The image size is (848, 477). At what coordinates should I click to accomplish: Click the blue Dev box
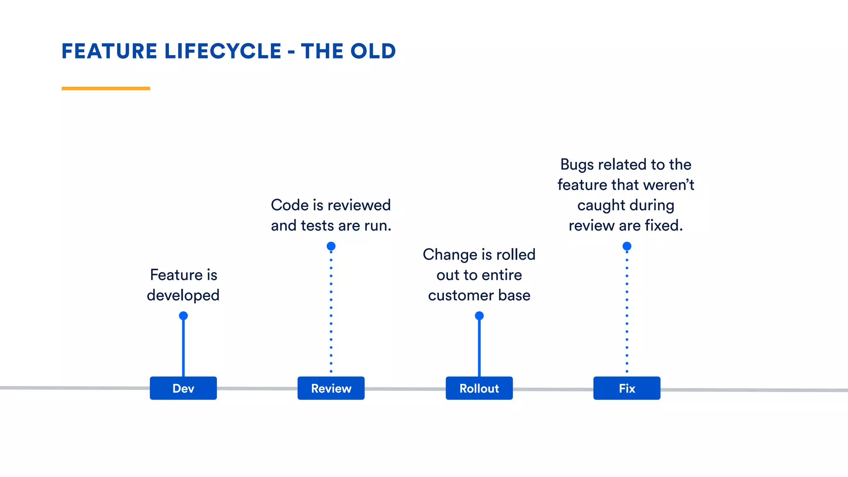tap(183, 388)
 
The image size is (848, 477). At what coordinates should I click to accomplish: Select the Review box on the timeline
tap(331, 388)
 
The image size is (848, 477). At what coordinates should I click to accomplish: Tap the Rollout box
tap(479, 388)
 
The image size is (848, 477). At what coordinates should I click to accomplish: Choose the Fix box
tap(626, 388)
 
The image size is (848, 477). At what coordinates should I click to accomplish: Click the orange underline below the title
tap(106, 88)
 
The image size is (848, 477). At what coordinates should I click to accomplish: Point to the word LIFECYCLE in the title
tap(223, 51)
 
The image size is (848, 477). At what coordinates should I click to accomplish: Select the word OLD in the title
tap(373, 51)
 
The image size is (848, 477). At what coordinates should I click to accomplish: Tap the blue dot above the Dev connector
tap(183, 316)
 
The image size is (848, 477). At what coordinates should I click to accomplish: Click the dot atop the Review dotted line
tap(331, 246)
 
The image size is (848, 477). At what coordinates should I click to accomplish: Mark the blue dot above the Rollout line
tap(479, 316)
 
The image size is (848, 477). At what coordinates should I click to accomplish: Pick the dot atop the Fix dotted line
tap(627, 246)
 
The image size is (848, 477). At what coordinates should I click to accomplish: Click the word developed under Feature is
tap(183, 296)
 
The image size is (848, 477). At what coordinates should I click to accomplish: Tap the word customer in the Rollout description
tap(461, 296)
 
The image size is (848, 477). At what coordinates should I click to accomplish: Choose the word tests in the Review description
tap(317, 226)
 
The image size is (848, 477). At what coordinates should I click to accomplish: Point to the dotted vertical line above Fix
tap(627, 311)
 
